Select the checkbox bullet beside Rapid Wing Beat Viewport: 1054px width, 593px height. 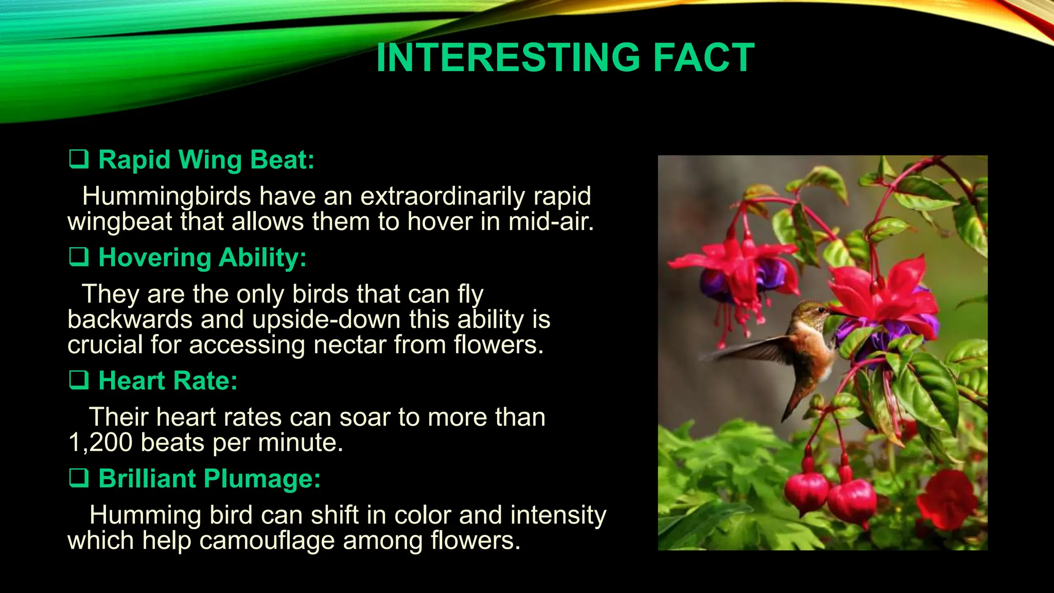tap(79, 159)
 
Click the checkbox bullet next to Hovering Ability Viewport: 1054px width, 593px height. tap(79, 256)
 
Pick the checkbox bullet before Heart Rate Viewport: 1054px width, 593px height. tap(79, 380)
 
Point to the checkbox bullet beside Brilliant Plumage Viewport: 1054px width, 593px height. tap(79, 478)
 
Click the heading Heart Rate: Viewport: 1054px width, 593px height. tap(168, 381)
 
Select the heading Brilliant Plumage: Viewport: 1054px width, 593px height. tap(209, 479)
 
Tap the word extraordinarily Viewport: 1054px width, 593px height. tap(443, 197)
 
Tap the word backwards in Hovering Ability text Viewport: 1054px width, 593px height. tap(130, 320)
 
